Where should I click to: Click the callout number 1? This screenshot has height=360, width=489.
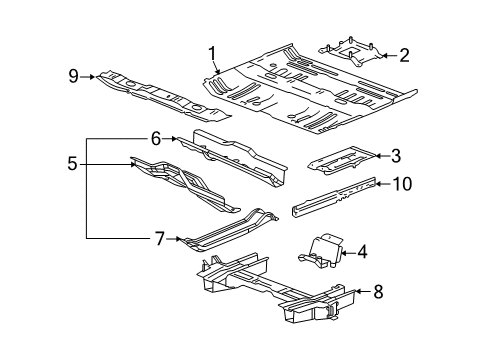coord(212,53)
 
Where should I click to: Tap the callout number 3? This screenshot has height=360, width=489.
coord(396,155)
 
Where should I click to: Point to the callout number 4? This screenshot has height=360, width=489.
coord(362,252)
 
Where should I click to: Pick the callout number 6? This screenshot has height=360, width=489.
coord(156,139)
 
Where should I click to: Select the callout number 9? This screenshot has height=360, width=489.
coord(72,75)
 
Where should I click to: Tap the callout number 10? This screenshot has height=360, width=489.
coord(400,183)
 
